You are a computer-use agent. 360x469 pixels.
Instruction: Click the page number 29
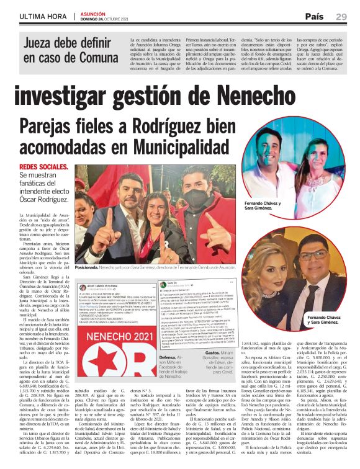pos(341,16)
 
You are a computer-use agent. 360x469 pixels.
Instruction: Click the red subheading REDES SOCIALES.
pos(44,167)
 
